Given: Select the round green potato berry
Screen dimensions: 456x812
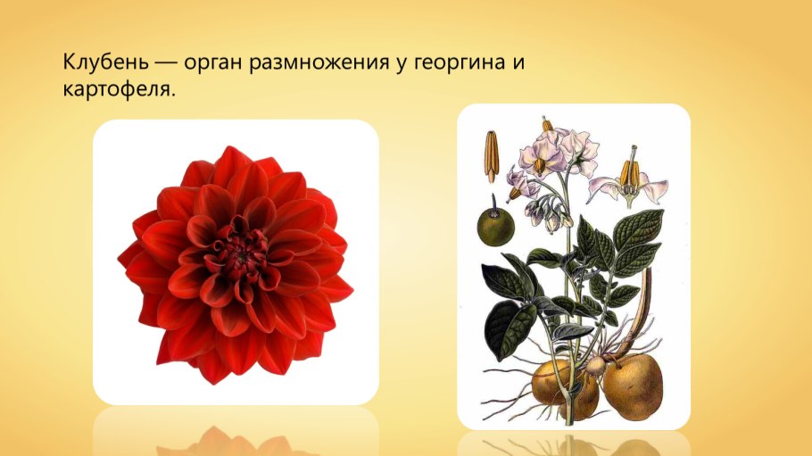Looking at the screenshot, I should [495, 227].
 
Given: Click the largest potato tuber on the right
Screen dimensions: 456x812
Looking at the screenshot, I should [633, 386].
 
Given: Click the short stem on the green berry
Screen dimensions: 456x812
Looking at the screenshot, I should [493, 203].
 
